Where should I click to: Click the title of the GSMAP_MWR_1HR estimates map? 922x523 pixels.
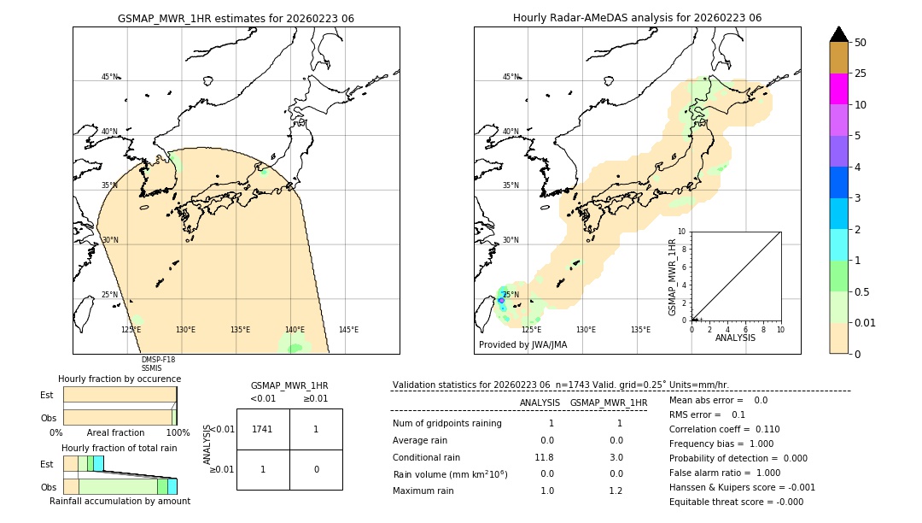[236, 18]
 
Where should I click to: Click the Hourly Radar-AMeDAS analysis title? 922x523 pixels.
[637, 18]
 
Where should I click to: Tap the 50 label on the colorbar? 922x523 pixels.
[861, 43]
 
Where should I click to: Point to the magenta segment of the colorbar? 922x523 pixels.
[838, 89]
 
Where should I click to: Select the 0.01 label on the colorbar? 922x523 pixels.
[866, 322]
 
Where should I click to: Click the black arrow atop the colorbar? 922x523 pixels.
[838, 34]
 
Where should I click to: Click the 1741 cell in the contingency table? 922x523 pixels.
[263, 429]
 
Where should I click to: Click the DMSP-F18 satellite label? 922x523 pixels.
[158, 360]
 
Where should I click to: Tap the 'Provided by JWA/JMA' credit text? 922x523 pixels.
[522, 345]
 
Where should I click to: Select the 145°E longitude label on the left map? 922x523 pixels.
[348, 330]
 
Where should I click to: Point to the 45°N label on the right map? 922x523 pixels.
[511, 77]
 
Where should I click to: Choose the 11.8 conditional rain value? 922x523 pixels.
[545, 457]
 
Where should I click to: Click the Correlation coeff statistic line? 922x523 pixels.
[724, 429]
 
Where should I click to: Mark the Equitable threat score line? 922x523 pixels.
[736, 502]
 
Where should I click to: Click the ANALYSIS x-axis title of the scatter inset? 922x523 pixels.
[736, 338]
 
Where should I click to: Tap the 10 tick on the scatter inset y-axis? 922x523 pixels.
[681, 232]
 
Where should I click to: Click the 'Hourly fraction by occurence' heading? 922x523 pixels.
[120, 379]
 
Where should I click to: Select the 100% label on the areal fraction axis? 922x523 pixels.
[178, 432]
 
